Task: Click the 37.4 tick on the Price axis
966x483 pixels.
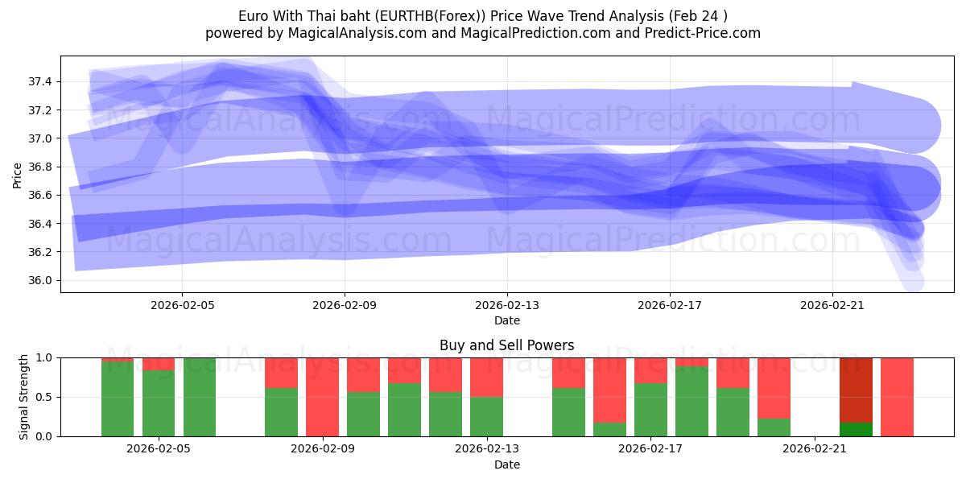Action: (x=40, y=81)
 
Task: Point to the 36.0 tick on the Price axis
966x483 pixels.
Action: (x=40, y=280)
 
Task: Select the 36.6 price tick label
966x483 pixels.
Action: (x=40, y=195)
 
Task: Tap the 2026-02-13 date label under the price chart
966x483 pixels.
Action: (x=507, y=305)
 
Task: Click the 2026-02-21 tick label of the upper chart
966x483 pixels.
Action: (x=832, y=305)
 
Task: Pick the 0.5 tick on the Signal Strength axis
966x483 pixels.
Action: (x=45, y=397)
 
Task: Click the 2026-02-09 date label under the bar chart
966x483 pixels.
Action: (x=322, y=449)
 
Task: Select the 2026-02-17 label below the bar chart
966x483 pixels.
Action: (x=650, y=449)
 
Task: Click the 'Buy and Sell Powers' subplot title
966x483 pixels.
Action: (x=507, y=345)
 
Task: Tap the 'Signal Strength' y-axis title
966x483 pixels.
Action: (x=24, y=396)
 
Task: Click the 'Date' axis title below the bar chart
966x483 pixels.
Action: (x=507, y=464)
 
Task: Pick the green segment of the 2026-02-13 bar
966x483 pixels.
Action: (x=486, y=416)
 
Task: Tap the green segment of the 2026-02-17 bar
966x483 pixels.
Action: (x=650, y=410)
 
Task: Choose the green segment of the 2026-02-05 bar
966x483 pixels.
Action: (x=159, y=402)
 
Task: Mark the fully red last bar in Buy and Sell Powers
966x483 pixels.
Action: (x=897, y=397)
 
